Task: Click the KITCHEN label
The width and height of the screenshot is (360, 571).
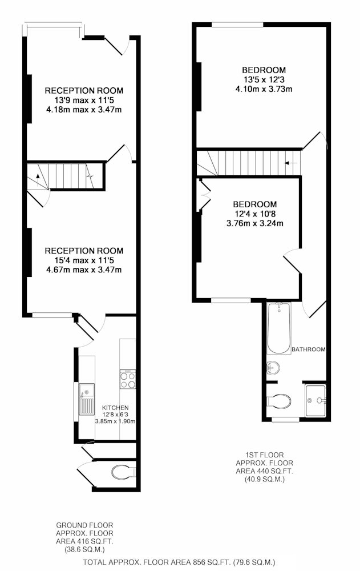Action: click(115, 408)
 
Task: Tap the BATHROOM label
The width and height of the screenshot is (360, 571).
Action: click(308, 349)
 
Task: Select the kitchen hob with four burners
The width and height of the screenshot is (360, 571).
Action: click(128, 379)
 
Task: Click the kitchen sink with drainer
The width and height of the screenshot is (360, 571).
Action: click(87, 399)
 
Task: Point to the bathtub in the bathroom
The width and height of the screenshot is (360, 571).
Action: click(279, 328)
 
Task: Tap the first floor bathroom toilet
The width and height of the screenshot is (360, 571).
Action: click(279, 401)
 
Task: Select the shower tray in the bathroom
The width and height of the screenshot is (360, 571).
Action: click(315, 400)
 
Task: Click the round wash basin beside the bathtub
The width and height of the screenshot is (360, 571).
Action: click(273, 368)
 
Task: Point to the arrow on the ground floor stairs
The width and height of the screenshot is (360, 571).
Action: click(38, 179)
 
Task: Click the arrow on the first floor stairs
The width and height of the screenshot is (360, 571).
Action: click(290, 163)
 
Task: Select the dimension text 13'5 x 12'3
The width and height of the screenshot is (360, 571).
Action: click(264, 79)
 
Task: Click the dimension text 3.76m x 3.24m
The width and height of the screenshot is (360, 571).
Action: click(255, 223)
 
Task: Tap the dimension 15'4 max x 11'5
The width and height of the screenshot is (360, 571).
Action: click(84, 260)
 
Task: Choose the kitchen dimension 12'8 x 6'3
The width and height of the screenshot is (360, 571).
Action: click(115, 415)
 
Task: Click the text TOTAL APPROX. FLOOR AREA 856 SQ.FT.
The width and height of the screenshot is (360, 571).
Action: click(157, 562)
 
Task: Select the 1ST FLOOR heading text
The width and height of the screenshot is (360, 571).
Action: click(265, 455)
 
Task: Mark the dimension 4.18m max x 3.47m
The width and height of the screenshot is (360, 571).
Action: click(84, 110)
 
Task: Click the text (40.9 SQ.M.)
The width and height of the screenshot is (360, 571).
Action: click(265, 479)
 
